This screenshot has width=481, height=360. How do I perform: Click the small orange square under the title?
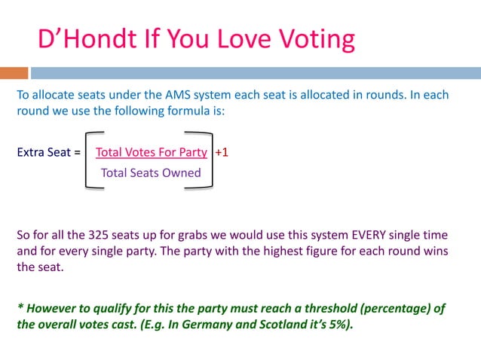14,74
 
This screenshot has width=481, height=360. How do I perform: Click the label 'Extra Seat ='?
48,152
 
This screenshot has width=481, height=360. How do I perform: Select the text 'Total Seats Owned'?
151,173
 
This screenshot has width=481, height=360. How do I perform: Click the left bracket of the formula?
84,162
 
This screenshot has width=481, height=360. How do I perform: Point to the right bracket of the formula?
209,162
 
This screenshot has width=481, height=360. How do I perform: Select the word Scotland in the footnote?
271,327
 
